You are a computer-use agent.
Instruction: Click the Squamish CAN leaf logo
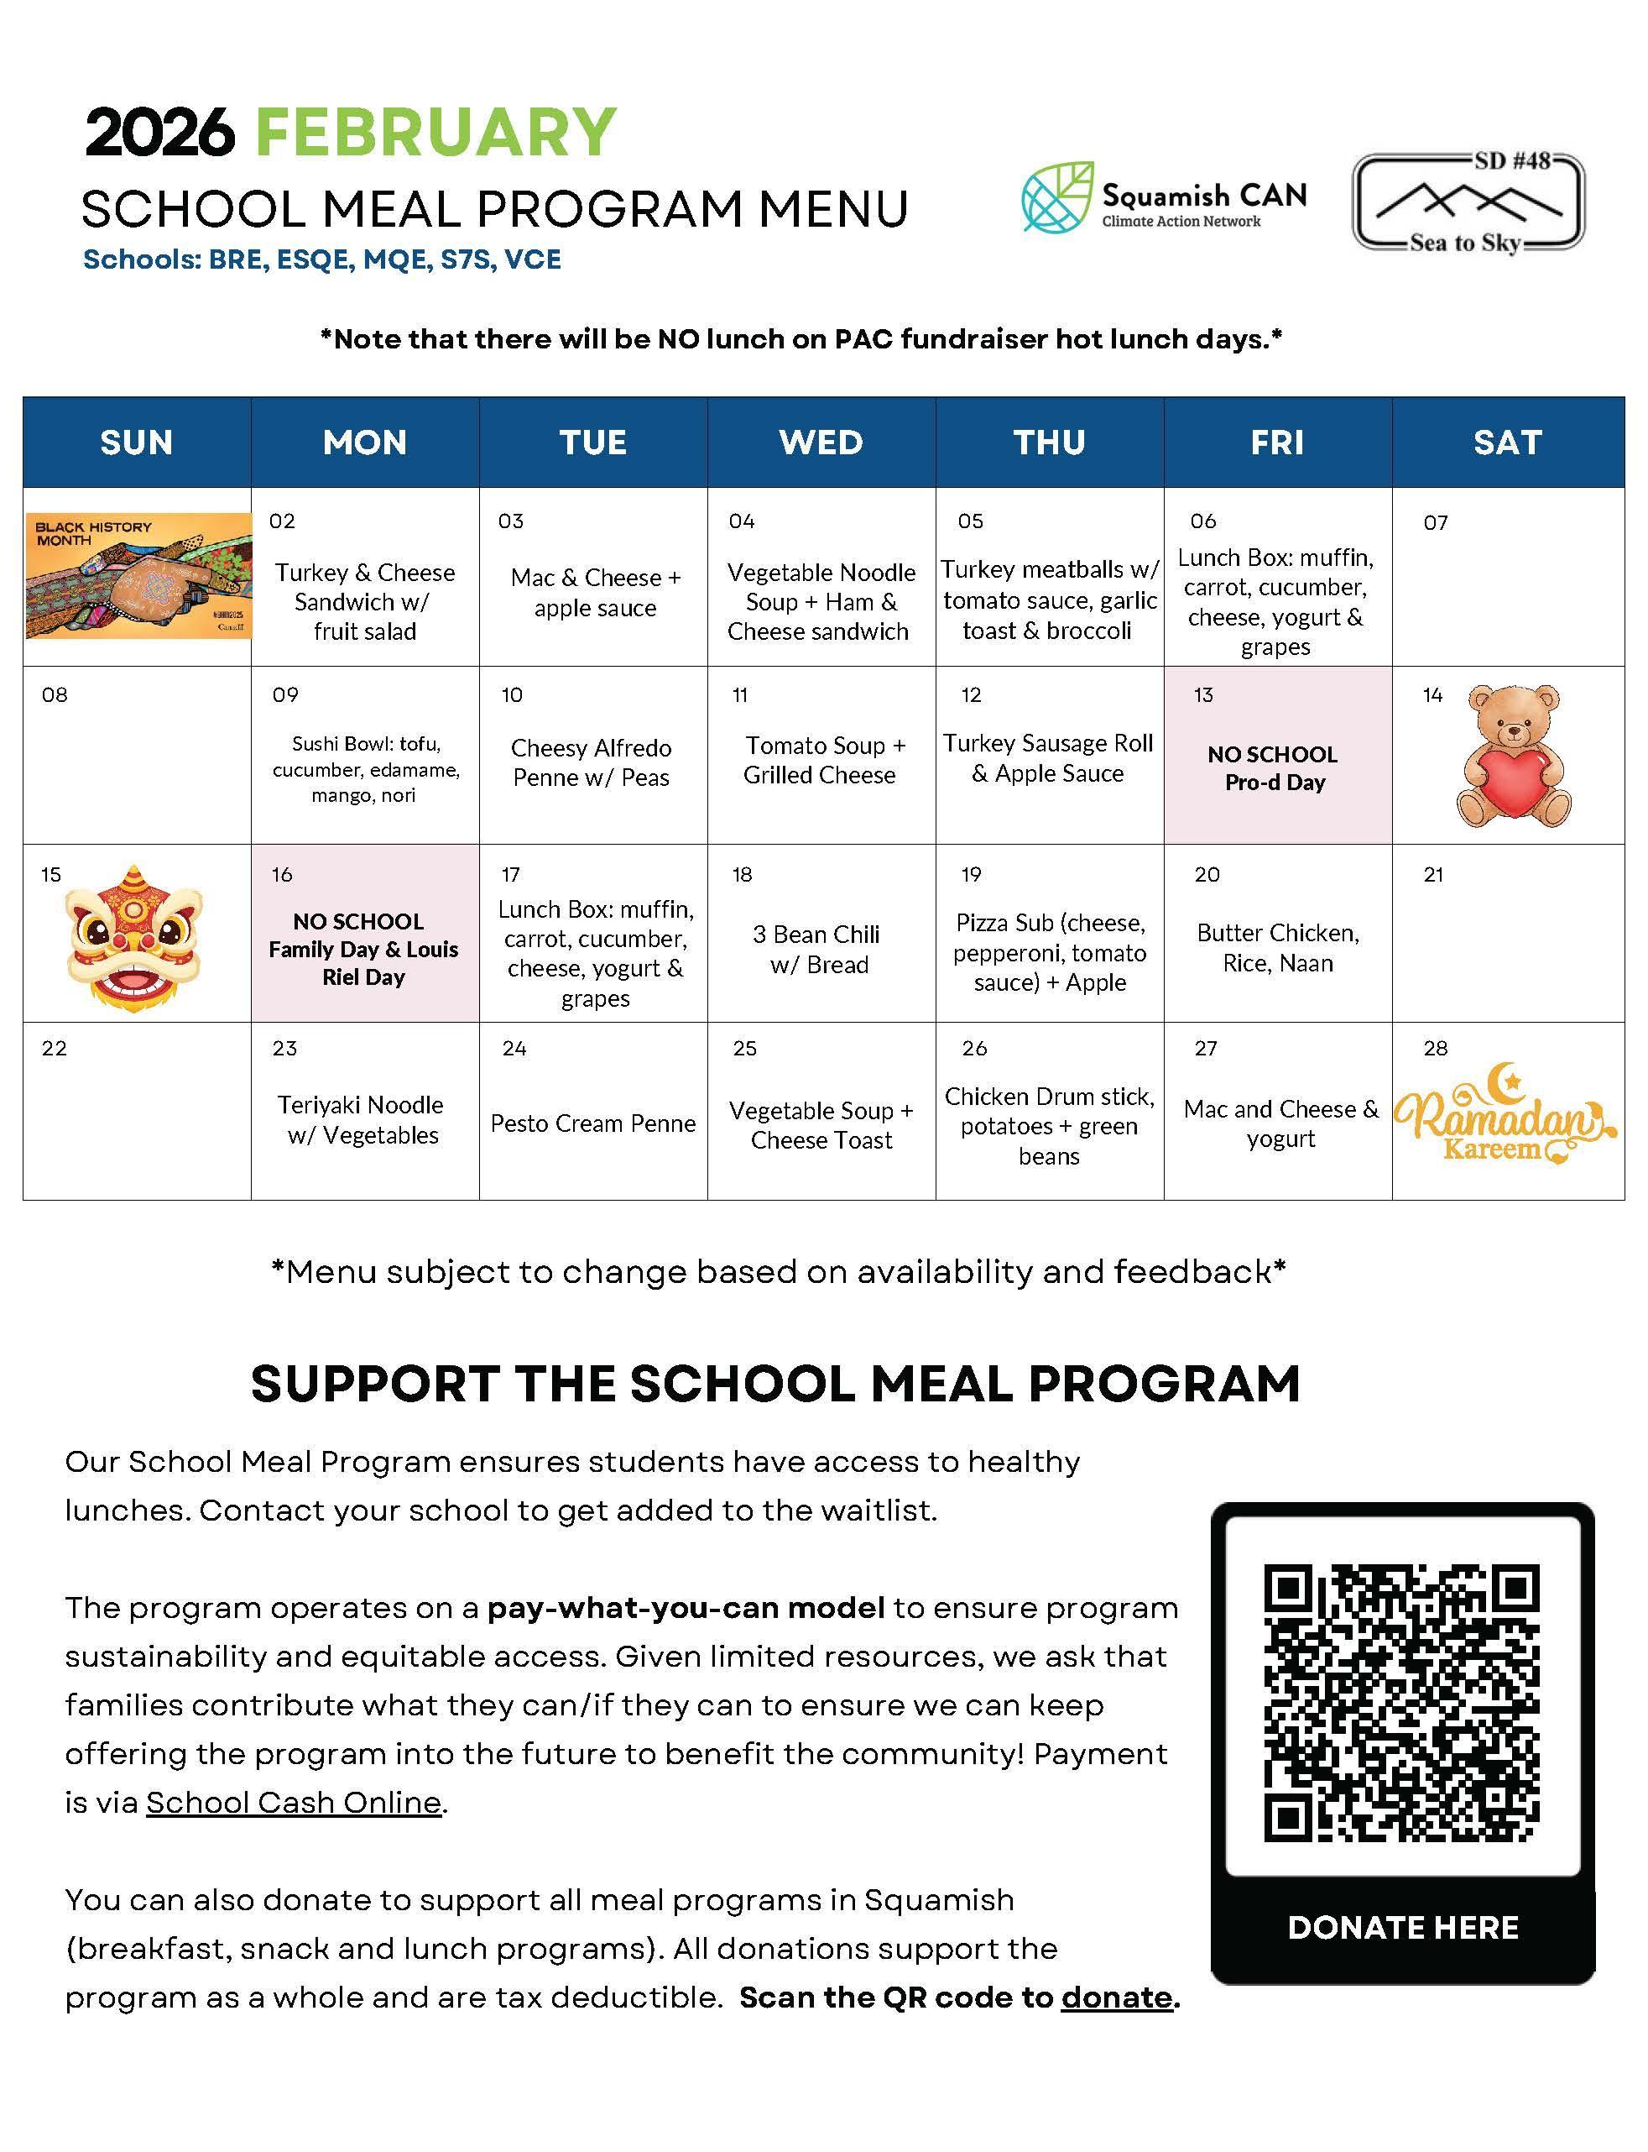[x=1057, y=197]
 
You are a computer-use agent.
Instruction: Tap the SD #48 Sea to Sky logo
[x=1468, y=203]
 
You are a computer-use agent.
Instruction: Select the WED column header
[x=821, y=442]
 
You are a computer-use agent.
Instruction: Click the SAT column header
[x=1507, y=442]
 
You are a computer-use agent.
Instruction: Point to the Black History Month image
[x=138, y=576]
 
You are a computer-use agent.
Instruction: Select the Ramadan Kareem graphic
[x=1503, y=1118]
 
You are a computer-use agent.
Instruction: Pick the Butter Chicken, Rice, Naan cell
[x=1277, y=948]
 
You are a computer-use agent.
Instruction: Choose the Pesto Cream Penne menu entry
[x=592, y=1123]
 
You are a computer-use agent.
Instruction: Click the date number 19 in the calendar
[x=971, y=874]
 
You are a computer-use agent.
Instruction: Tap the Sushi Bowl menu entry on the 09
[x=365, y=769]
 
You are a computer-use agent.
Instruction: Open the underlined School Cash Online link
[x=295, y=1803]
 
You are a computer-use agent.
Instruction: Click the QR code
[x=1402, y=1703]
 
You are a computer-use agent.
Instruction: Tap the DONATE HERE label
[x=1403, y=1927]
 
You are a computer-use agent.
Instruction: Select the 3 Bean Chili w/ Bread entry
[x=817, y=949]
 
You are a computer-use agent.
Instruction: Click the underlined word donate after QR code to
[x=1116, y=1997]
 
